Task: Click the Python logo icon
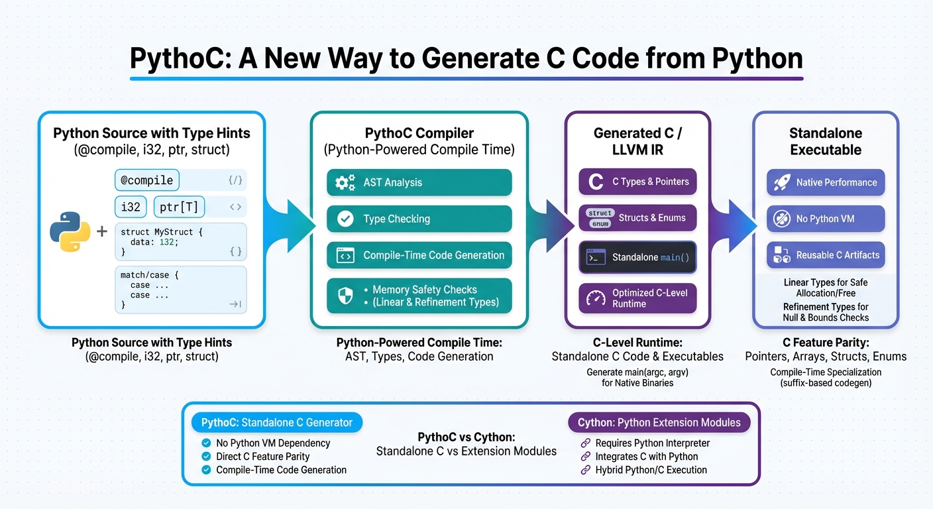click(70, 231)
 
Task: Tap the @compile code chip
click(146, 180)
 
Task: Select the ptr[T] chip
click(179, 207)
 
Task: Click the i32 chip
click(131, 207)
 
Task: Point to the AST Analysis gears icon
click(345, 182)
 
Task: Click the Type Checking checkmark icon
click(345, 219)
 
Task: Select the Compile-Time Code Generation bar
click(419, 255)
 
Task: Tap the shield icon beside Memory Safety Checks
click(345, 296)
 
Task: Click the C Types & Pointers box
click(637, 182)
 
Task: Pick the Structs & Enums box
click(637, 217)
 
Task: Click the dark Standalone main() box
click(637, 257)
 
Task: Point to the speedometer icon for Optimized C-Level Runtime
click(596, 298)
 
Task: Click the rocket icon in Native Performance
click(781, 182)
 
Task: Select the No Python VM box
click(825, 219)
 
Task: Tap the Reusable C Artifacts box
click(825, 255)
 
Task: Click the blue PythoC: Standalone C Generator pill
click(277, 422)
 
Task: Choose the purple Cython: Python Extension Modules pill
click(659, 422)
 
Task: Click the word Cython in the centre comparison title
click(497, 437)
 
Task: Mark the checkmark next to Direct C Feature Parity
click(205, 457)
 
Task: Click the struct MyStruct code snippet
click(180, 242)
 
